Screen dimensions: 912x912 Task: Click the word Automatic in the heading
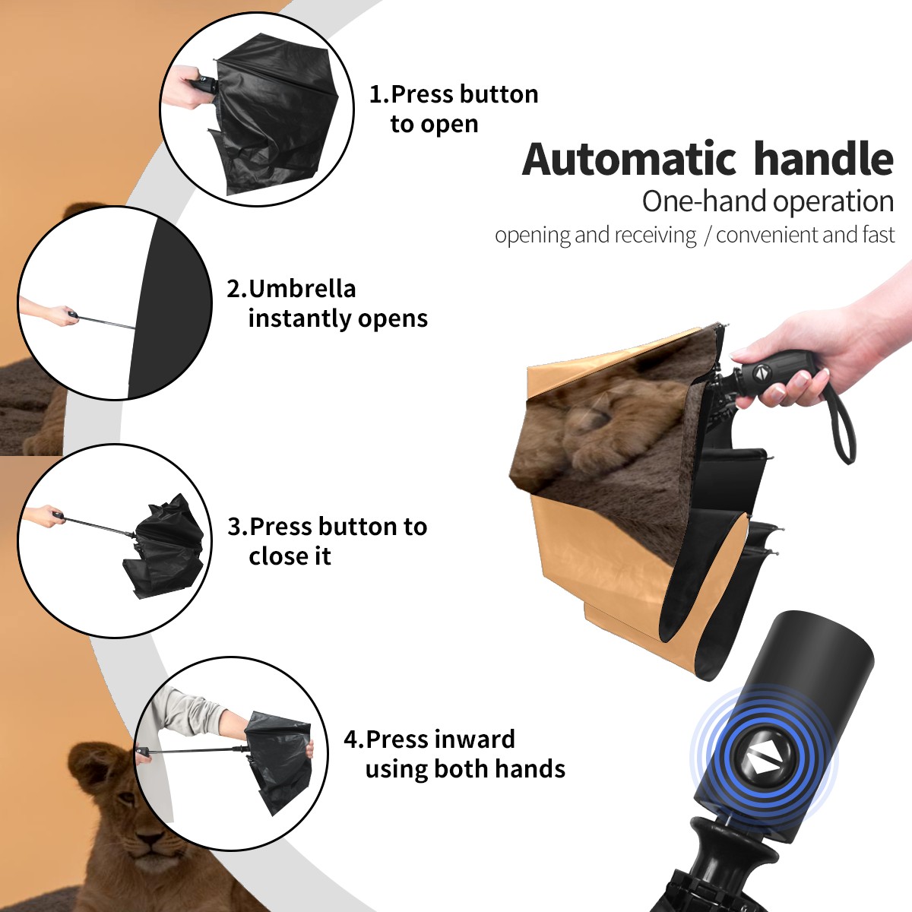[629, 160]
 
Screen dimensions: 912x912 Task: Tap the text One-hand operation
[768, 201]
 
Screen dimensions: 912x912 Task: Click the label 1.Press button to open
[454, 109]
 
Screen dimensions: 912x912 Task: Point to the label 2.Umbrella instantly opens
[327, 303]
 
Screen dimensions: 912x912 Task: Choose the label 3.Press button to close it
[327, 541]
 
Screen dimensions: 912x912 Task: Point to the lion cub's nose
[150, 839]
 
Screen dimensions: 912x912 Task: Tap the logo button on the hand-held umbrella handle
[760, 372]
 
